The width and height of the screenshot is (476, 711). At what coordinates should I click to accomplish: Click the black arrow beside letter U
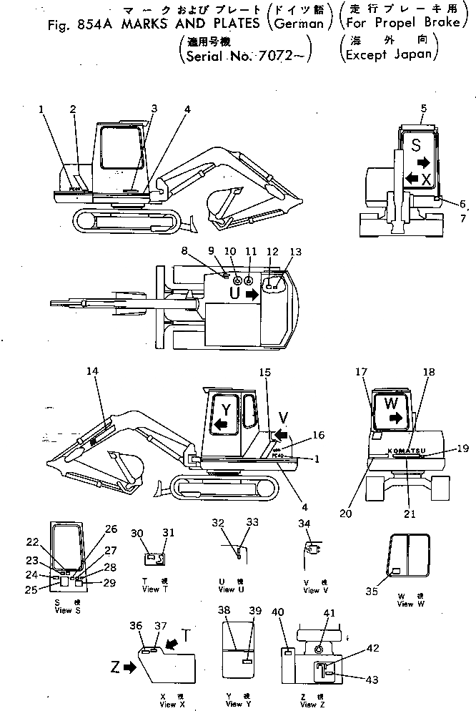pos(250,293)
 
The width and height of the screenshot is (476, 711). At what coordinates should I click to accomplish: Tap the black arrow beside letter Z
pos(129,667)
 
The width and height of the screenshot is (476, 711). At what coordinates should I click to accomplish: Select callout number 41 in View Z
pos(329,613)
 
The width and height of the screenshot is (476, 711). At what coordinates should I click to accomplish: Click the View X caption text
pos(168,705)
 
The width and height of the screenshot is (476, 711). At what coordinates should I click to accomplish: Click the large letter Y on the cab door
pos(225,409)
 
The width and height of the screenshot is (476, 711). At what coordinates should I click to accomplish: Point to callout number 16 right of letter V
pos(319,435)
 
